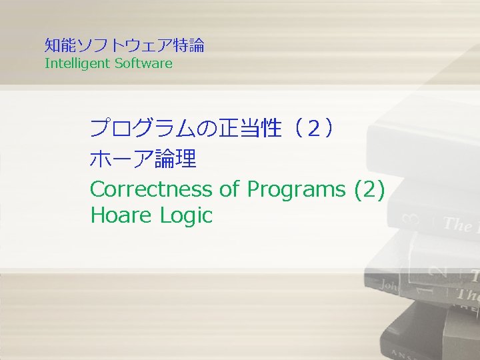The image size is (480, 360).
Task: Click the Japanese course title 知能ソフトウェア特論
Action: (124, 45)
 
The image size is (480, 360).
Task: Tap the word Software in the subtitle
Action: (143, 64)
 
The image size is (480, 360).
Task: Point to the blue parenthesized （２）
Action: (310, 127)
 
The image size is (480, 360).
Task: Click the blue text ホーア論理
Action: (143, 159)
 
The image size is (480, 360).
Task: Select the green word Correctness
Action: (151, 189)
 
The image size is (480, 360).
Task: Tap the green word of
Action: (229, 189)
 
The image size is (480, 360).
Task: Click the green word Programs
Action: (296, 189)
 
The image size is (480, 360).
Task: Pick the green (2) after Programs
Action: (369, 189)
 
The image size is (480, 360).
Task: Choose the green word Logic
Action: (186, 215)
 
